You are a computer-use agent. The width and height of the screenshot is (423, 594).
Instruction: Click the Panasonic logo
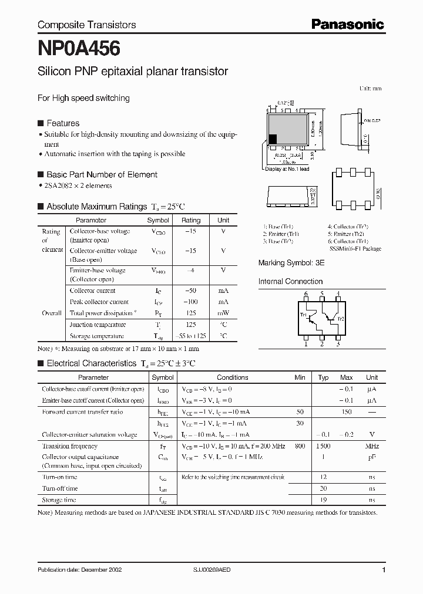[347, 24]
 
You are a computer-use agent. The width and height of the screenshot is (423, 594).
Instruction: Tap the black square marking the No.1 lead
[273, 140]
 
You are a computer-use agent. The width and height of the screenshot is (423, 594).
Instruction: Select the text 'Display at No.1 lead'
[287, 169]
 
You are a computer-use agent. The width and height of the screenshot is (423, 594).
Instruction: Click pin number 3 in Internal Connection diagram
[338, 345]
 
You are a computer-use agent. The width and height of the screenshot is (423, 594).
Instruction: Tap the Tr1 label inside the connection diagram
[304, 315]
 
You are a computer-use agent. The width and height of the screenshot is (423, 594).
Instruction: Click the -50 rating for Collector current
[191, 291]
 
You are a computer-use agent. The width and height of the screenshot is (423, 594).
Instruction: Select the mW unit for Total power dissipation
[223, 313]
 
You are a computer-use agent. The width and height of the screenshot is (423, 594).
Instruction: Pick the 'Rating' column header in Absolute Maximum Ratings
[191, 220]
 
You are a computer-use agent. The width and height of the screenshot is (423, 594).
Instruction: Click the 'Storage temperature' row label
[97, 336]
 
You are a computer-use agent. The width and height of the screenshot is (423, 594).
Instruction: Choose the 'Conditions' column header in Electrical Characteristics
[233, 377]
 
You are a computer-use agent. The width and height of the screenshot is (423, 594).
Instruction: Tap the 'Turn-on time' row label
[59, 477]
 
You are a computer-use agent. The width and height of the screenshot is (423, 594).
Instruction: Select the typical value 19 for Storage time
[323, 500]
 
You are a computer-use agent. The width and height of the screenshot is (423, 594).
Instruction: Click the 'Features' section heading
[63, 123]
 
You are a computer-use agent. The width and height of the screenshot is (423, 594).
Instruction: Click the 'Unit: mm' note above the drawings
[370, 88]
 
